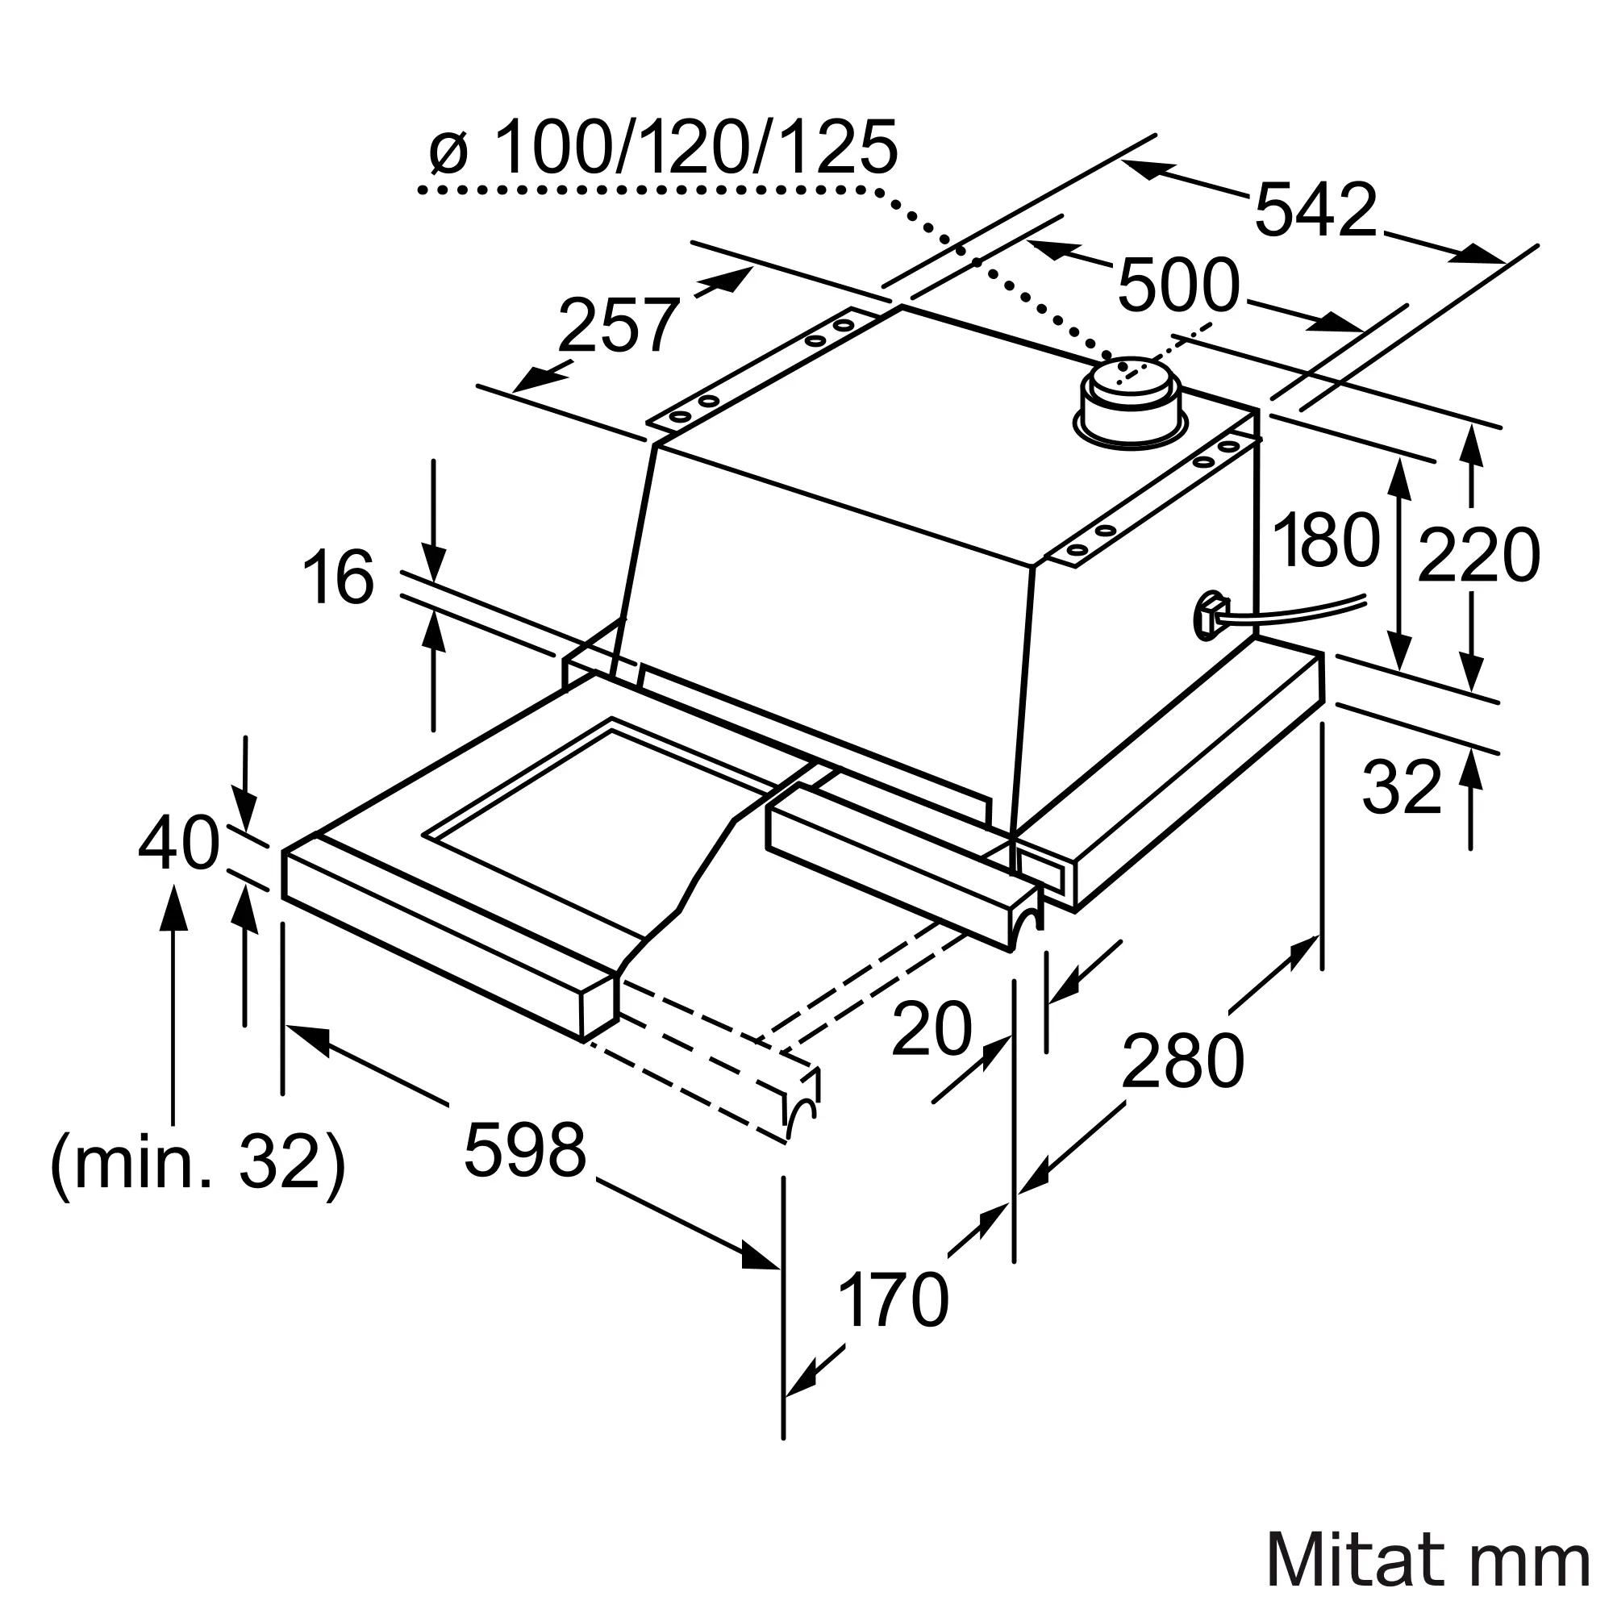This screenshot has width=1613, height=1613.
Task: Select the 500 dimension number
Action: coord(1178,286)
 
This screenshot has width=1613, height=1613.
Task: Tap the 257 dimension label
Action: coord(618,326)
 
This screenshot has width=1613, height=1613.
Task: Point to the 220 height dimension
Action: coord(1478,556)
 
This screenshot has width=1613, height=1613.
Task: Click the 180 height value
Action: coord(1326,541)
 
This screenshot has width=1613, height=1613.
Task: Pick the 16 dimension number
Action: coord(338,577)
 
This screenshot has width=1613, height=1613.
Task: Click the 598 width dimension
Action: coord(525,1151)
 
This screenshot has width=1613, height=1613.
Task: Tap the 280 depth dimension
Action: coord(1182,1061)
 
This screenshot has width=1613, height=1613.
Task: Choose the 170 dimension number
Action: coord(894,1300)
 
